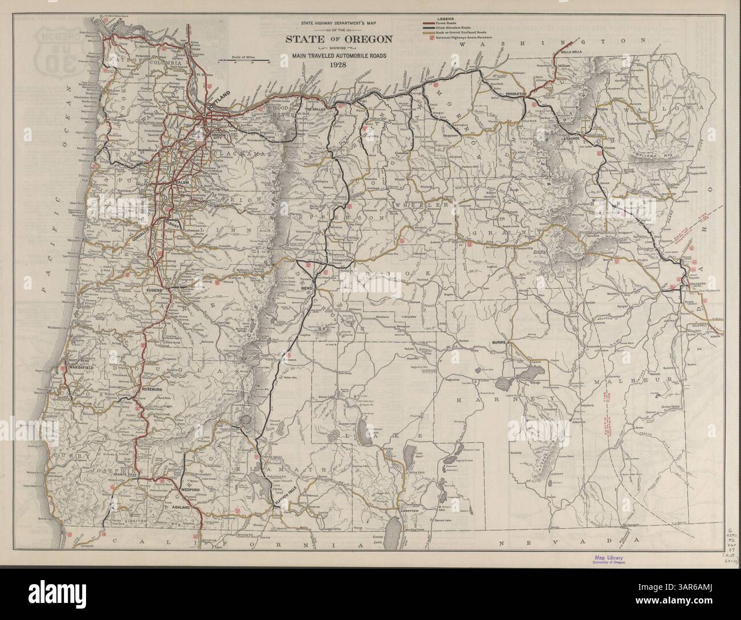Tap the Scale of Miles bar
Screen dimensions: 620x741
[243, 64]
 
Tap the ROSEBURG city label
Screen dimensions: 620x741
[151, 389]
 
